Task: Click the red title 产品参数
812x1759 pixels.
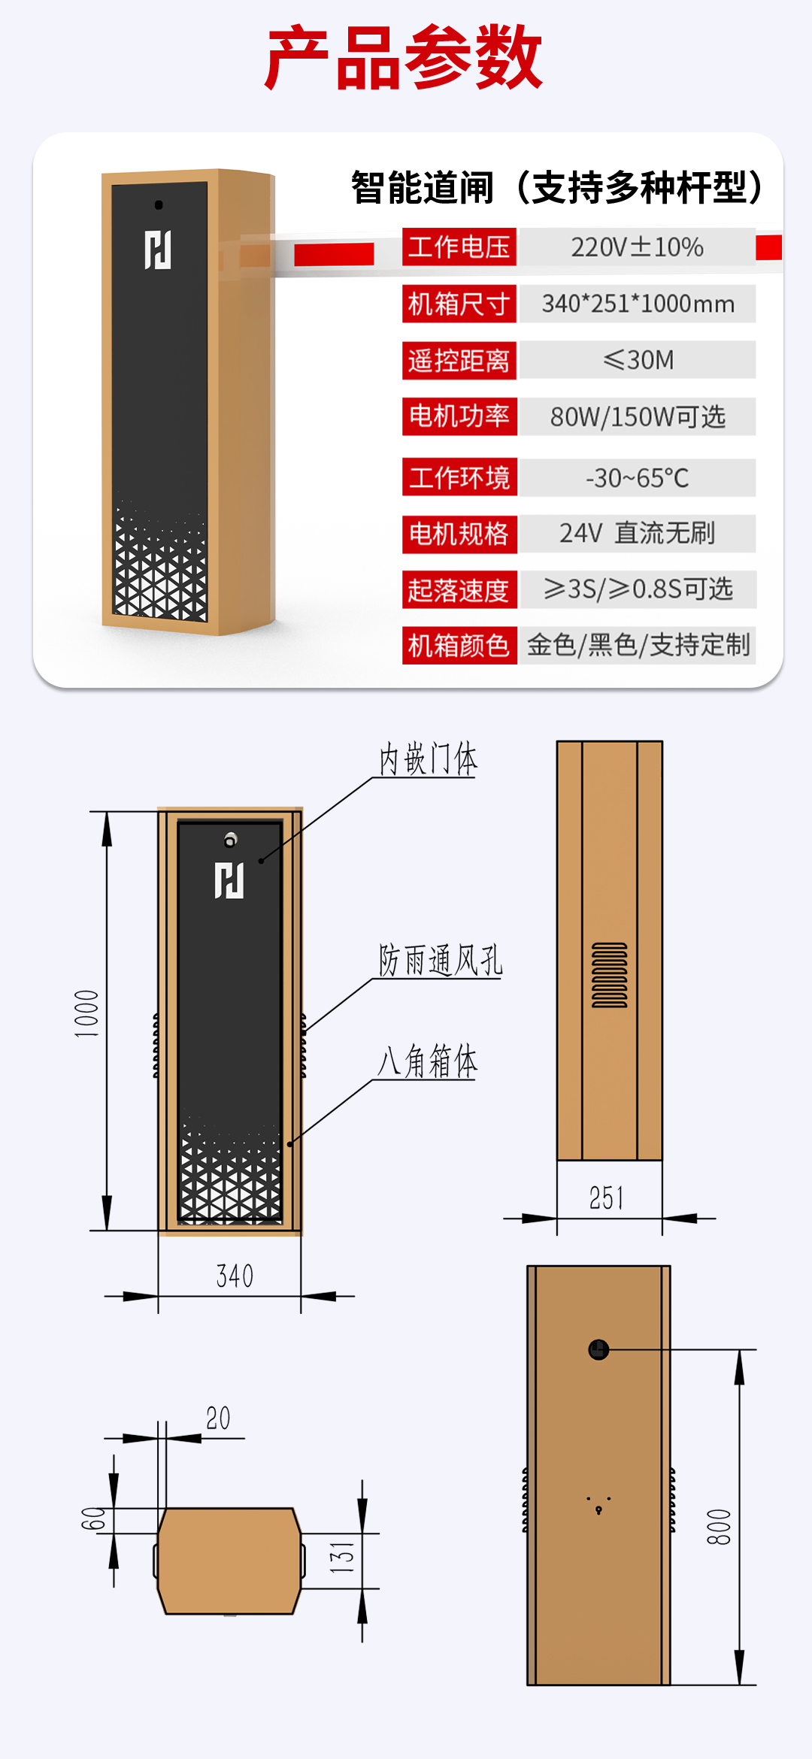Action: point(404,57)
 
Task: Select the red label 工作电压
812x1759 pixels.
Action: point(459,247)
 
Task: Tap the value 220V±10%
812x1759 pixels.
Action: point(637,247)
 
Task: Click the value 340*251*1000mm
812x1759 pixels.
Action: point(637,304)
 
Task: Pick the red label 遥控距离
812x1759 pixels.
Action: point(459,360)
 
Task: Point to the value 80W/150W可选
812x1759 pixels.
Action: point(637,416)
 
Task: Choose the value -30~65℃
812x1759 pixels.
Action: point(637,477)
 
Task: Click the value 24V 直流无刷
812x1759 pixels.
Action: point(637,533)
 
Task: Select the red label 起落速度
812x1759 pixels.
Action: point(459,590)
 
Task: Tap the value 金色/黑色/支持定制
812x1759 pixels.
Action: point(637,645)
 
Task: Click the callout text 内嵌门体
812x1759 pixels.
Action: point(427,758)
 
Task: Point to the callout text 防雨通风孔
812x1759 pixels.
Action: point(440,960)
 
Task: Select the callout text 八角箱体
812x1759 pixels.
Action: point(427,1061)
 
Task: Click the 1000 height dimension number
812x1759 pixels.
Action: point(86,1013)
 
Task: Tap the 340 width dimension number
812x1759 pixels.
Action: point(235,1276)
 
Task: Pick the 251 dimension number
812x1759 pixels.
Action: point(607,1197)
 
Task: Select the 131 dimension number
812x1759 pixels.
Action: point(342,1558)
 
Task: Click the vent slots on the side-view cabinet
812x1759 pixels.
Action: point(609,975)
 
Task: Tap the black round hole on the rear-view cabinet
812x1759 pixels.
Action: point(598,1350)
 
